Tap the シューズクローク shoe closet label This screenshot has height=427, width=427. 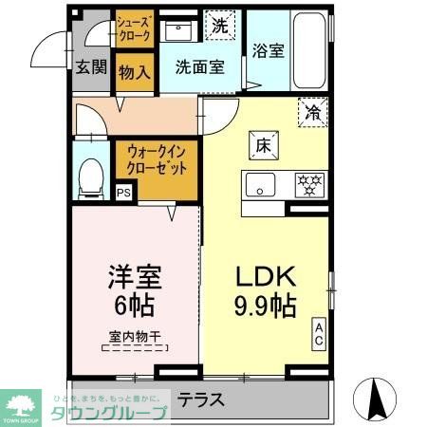pyautogui.click(x=133, y=28)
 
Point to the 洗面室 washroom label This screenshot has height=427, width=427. pyautogui.click(x=198, y=66)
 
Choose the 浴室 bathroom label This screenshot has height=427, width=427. pyautogui.click(x=269, y=53)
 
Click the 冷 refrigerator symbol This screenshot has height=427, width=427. pyautogui.click(x=313, y=111)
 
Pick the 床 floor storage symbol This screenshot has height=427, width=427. pyautogui.click(x=263, y=145)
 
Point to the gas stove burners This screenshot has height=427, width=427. pyautogui.click(x=308, y=183)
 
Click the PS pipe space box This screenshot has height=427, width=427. pyautogui.click(x=124, y=192)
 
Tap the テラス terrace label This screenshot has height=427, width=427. pyautogui.click(x=201, y=399)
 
